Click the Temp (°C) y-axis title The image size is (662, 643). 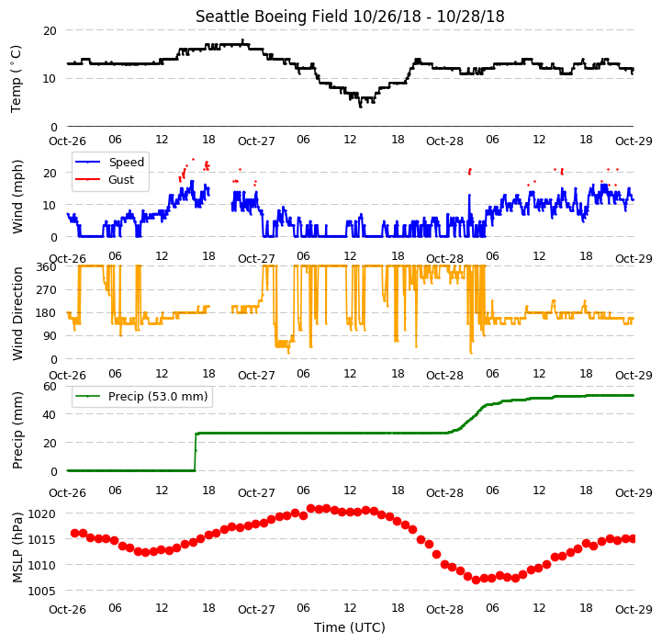(16, 79)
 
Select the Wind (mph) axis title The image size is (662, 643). (17, 197)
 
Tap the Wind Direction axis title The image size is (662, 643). (17, 313)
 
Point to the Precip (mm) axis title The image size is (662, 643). (17, 430)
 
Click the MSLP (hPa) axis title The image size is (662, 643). (17, 547)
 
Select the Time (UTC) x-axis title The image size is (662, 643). (350, 627)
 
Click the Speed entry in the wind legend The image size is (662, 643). (110, 163)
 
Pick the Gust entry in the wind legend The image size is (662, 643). (105, 179)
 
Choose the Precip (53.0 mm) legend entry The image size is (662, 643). (141, 396)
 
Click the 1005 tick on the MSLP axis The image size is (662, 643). (41, 591)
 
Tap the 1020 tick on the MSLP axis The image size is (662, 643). (41, 513)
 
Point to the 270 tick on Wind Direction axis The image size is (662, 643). (47, 290)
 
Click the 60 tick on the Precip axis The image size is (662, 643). (50, 386)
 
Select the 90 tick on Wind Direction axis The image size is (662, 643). (50, 336)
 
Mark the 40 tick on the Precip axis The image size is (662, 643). (50, 414)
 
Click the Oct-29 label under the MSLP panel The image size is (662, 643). (634, 610)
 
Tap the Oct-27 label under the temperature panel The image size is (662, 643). (256, 141)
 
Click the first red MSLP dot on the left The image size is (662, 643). (74, 533)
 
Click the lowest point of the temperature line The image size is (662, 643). (361, 107)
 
